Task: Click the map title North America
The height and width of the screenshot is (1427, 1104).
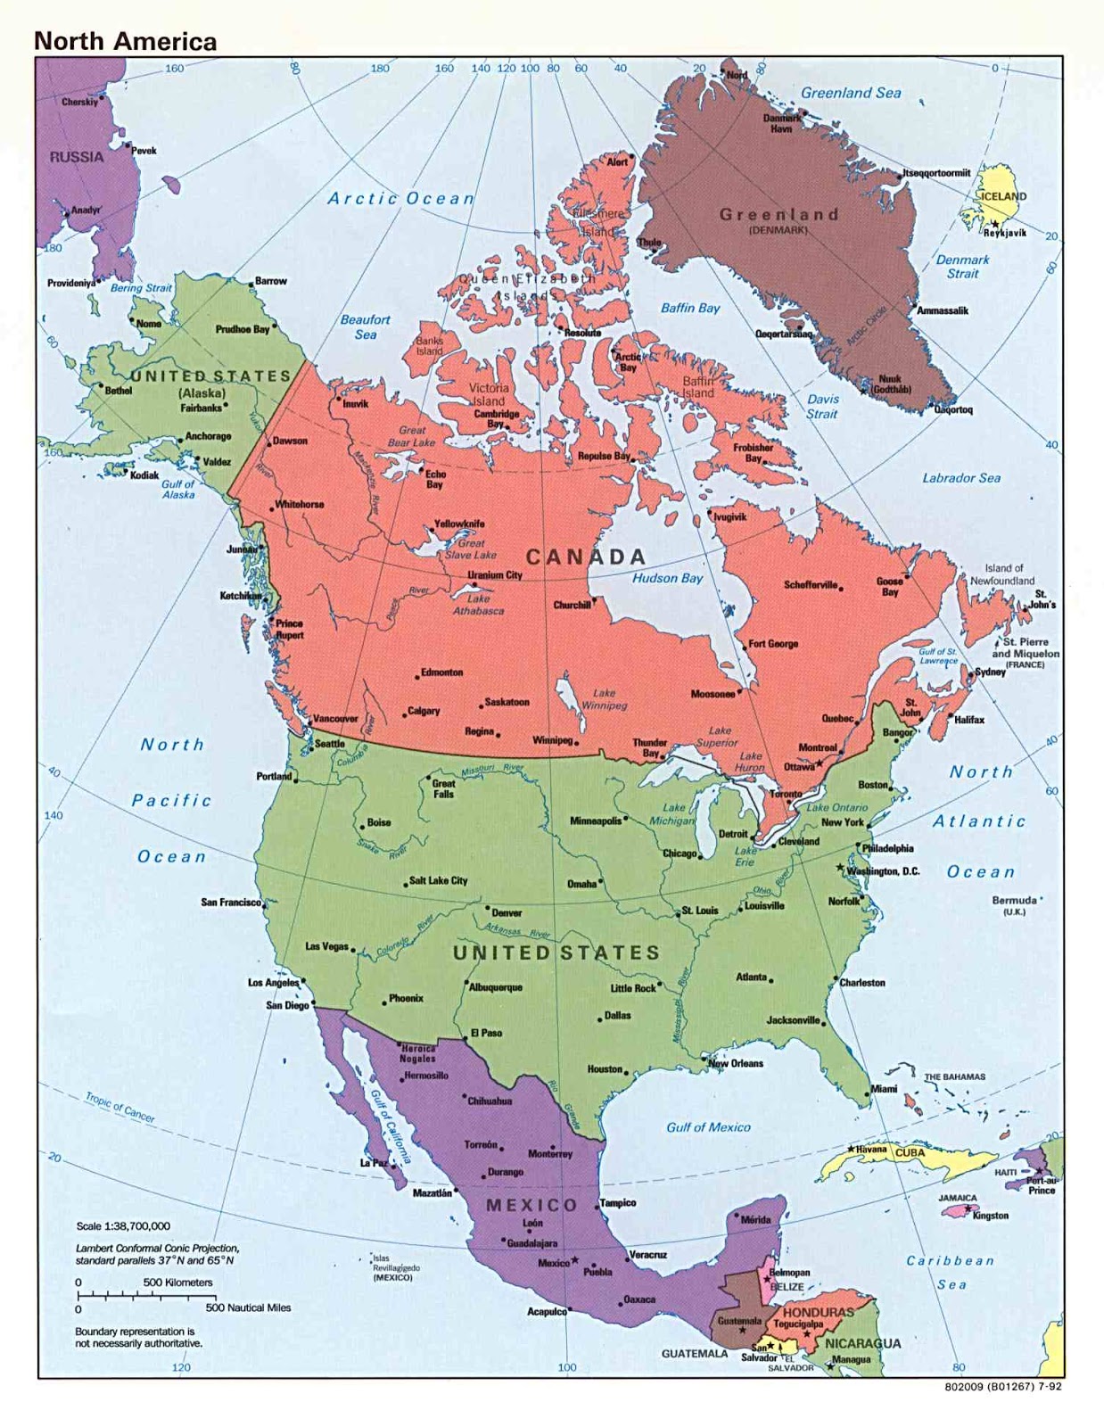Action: coord(125,41)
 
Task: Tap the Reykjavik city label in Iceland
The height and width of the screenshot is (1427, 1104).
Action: coord(1005,233)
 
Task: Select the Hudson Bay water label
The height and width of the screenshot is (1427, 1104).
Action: coord(667,578)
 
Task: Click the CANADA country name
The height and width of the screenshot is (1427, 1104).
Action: coord(586,557)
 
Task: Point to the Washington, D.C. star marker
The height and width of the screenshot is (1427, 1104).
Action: coord(839,867)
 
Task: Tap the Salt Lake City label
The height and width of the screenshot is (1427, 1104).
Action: coord(438,880)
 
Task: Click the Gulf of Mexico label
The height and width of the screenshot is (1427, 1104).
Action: coord(708,1127)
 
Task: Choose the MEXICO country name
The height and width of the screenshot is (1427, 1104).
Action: coord(532,1205)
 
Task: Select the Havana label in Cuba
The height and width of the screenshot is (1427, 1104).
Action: coord(871,1150)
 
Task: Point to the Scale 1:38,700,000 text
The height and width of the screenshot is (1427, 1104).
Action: coord(123,1226)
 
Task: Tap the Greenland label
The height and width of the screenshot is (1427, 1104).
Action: coord(779,215)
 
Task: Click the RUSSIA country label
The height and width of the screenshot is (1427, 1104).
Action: coord(77,157)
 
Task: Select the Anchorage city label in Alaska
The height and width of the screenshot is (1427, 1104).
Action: coord(208,436)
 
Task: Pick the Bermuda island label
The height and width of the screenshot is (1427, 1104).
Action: coord(1014,901)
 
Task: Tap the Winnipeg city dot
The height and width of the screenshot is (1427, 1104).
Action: coord(577,742)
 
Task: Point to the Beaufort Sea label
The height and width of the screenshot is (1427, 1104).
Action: coord(366,326)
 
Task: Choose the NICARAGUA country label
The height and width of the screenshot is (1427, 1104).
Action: coord(862,1343)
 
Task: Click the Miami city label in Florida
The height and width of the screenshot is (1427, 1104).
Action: coord(884,1089)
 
